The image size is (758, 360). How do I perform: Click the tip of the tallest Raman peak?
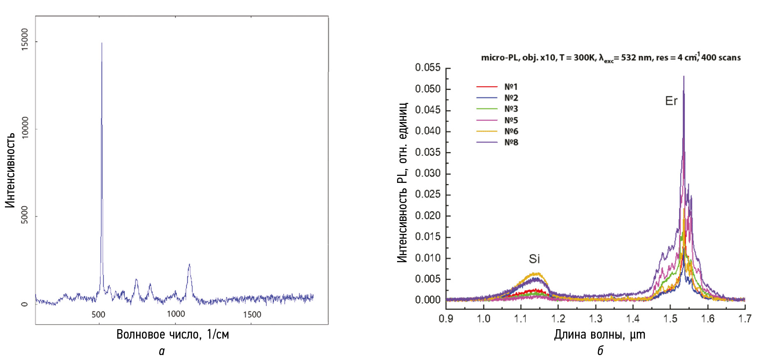[102, 43]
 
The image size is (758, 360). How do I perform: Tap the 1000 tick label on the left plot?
[176, 314]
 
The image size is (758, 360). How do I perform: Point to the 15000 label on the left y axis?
[25, 39]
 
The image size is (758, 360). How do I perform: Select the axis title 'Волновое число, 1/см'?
[173, 335]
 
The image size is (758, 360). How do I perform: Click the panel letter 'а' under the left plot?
[162, 351]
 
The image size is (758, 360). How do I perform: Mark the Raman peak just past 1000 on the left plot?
[189, 265]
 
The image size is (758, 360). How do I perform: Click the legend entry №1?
[511, 87]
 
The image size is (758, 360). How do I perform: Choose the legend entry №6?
[511, 132]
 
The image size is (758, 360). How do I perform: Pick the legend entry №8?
[511, 143]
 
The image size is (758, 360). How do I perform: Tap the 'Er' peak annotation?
[671, 101]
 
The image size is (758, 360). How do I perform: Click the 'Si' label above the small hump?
[534, 259]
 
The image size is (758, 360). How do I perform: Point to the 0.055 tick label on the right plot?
[428, 67]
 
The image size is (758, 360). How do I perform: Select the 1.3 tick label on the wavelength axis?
[596, 318]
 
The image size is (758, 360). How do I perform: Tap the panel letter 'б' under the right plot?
[600, 351]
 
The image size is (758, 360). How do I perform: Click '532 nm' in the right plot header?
[636, 58]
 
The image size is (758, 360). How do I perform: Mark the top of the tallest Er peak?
[684, 76]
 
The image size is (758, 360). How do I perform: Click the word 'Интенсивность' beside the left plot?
[10, 170]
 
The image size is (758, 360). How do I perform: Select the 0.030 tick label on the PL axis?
[428, 173]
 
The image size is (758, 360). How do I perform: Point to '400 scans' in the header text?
[721, 58]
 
